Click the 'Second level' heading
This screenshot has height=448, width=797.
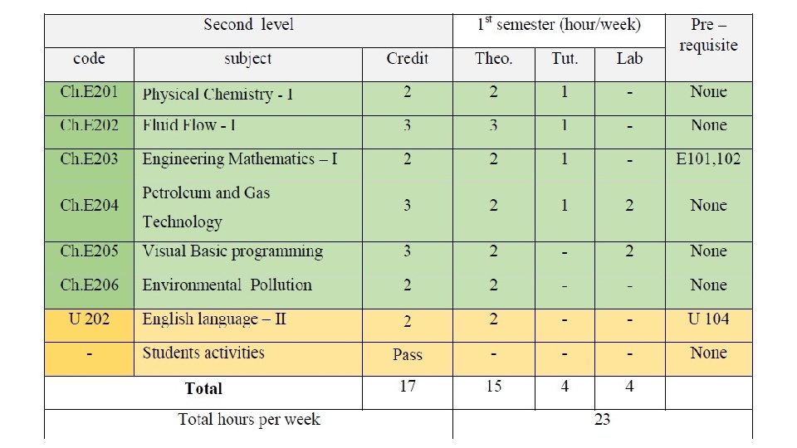(x=248, y=25)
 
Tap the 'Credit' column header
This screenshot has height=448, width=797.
(x=407, y=58)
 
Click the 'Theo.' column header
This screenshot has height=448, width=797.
(x=493, y=58)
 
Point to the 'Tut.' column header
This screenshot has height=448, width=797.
(x=565, y=58)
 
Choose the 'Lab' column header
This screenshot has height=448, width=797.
(x=629, y=58)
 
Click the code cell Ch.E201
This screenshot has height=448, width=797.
(x=89, y=92)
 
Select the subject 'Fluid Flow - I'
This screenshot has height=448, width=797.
(x=189, y=126)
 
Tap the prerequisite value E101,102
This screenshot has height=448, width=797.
(x=708, y=158)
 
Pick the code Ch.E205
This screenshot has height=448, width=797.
(x=89, y=251)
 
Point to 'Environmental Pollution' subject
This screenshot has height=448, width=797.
(x=227, y=285)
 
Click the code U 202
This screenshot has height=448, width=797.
(x=89, y=319)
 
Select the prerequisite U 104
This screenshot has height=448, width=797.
(x=708, y=319)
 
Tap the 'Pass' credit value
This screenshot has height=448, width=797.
(x=407, y=354)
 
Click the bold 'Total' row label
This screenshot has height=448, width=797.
(x=203, y=388)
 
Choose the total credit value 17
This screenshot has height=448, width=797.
(x=407, y=387)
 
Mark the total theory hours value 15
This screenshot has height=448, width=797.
(x=493, y=387)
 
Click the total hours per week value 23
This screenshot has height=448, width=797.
(x=602, y=419)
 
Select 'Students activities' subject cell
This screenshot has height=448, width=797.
(x=203, y=353)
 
